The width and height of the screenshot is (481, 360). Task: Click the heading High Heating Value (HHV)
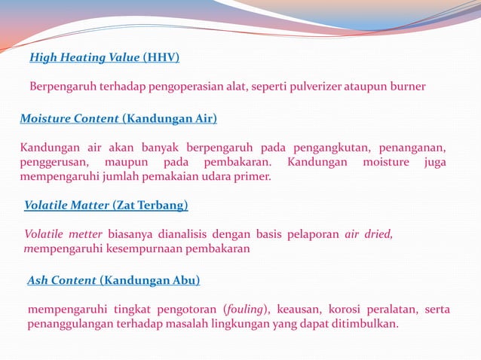click(x=104, y=56)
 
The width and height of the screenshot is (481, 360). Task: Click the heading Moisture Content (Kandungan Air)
click(x=118, y=118)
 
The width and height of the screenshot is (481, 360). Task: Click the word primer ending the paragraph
click(x=253, y=177)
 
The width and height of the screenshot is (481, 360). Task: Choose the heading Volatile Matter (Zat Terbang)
click(x=106, y=205)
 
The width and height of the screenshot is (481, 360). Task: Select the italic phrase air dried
click(x=369, y=233)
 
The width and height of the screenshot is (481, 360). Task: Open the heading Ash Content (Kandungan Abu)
click(x=114, y=280)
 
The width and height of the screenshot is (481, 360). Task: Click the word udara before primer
click(x=217, y=177)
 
